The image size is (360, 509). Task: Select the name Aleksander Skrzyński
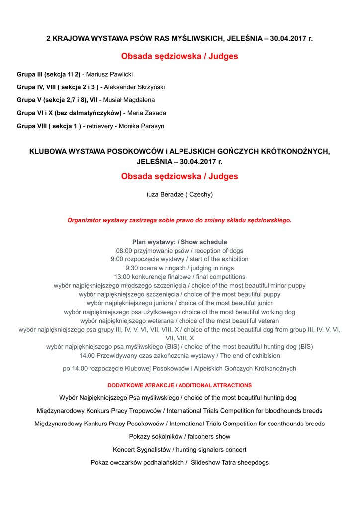coord(134,87)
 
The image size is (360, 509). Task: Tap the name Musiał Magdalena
coord(129,100)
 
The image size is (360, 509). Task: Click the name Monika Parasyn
coord(141,126)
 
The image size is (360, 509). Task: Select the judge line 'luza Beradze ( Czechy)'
coord(180,194)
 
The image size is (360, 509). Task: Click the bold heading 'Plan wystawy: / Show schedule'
coord(180,242)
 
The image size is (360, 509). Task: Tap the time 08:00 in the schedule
coord(124,251)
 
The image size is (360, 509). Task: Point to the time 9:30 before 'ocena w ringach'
coord(134,268)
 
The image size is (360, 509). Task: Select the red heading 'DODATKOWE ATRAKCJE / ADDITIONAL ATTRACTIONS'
coord(180,385)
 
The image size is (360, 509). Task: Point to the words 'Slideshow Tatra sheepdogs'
coord(230,462)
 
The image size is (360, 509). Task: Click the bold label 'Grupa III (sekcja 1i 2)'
coord(48,74)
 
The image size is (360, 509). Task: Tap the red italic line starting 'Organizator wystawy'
coord(180,220)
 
